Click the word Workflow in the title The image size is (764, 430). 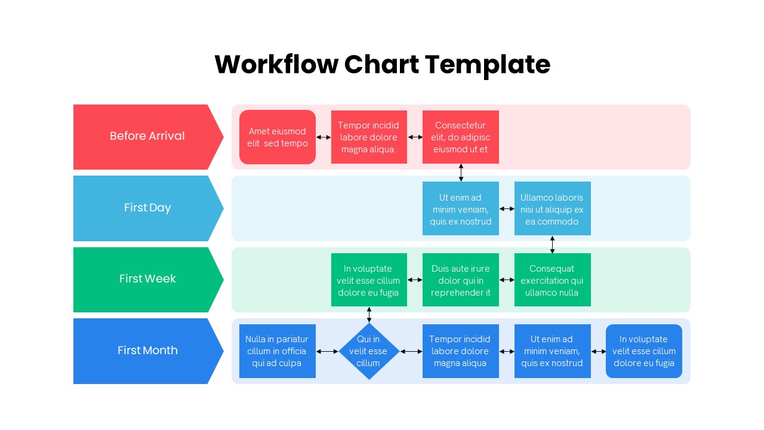[276, 64]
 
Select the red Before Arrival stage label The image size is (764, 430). [147, 136]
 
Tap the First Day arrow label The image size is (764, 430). [147, 208]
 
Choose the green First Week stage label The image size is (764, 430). [147, 279]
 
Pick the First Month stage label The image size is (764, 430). [147, 351]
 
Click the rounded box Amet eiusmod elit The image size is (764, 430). [278, 137]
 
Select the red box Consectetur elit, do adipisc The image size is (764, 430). [460, 137]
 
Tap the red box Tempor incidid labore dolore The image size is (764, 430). [369, 137]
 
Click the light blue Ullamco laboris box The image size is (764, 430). [552, 209]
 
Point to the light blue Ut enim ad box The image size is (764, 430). [460, 209]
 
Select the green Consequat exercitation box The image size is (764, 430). [552, 280]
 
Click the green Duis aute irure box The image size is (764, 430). [460, 280]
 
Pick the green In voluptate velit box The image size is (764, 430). [369, 280]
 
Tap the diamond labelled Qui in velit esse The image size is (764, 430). [369, 351]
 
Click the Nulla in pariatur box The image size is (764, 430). [278, 351]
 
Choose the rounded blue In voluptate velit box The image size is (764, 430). [643, 351]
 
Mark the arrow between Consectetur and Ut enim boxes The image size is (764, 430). [461, 173]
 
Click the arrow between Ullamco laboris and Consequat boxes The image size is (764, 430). [552, 244]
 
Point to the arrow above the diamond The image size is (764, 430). [369, 315]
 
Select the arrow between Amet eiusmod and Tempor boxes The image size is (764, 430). [324, 137]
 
